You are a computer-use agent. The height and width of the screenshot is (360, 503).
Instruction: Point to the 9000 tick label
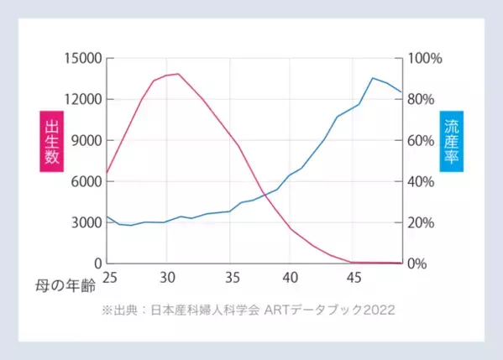pyautogui.click(x=83, y=140)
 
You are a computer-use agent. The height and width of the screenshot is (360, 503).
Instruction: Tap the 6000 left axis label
pyautogui.click(x=83, y=181)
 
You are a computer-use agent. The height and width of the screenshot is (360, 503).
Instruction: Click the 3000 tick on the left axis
pyautogui.click(x=83, y=222)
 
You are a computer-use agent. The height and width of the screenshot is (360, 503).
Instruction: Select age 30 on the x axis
pyautogui.click(x=167, y=277)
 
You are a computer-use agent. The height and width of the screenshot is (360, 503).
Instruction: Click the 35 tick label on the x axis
pyautogui.click(x=229, y=277)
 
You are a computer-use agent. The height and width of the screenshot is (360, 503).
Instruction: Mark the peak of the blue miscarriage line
pyautogui.click(x=373, y=78)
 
